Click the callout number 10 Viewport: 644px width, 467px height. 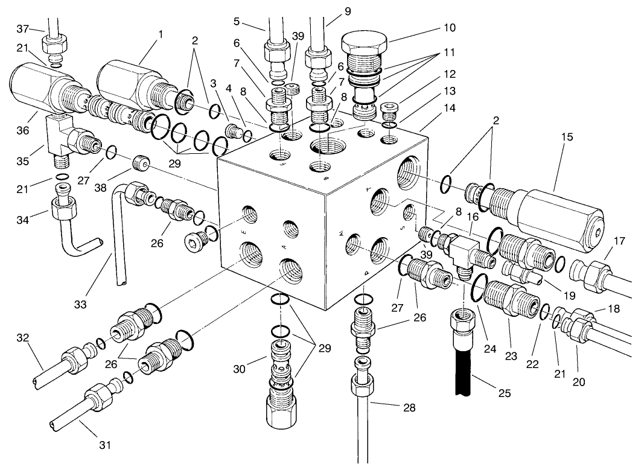coord(448,28)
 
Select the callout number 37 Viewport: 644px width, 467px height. coord(23,30)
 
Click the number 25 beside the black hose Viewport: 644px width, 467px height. coord(504,393)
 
